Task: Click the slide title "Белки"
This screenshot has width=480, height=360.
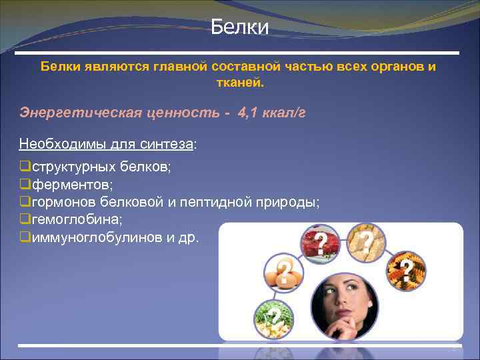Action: (239, 28)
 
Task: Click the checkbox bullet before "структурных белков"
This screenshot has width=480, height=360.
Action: (25, 166)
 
